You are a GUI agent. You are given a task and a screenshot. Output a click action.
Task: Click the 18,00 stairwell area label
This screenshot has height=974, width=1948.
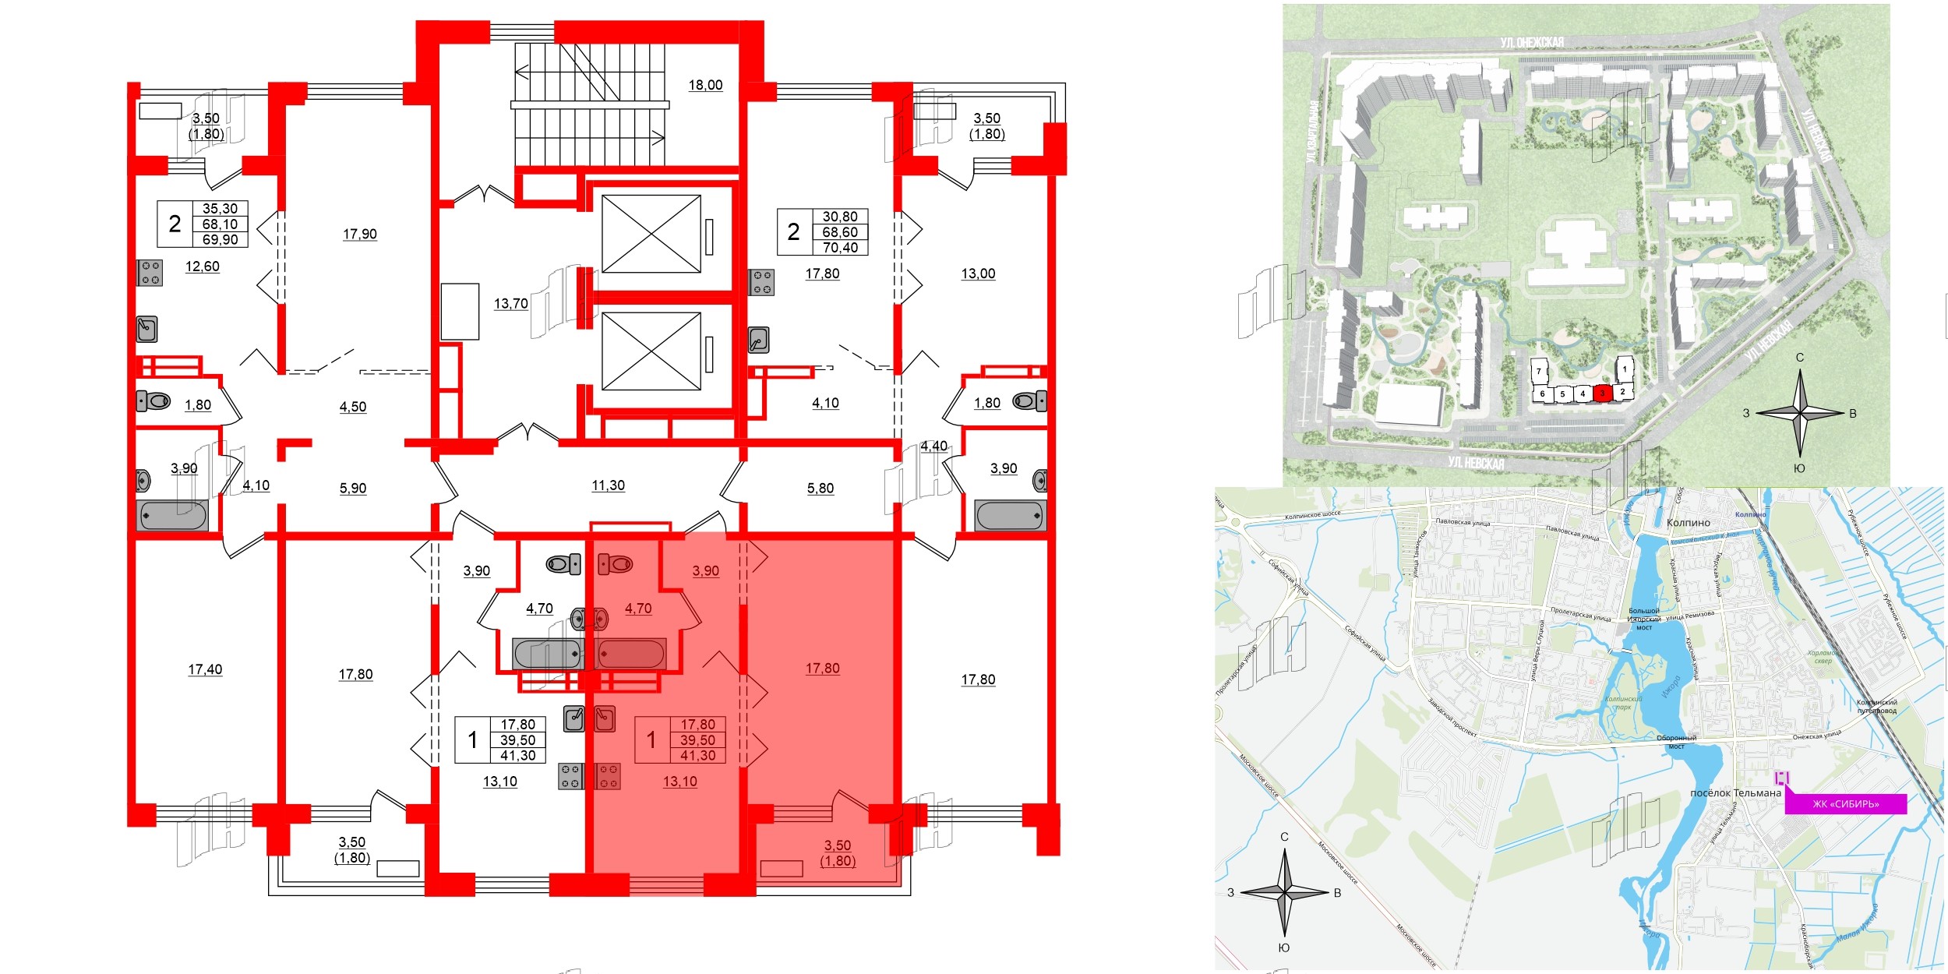[705, 85]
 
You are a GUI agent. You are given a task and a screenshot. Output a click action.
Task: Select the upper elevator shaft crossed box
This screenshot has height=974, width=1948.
[651, 234]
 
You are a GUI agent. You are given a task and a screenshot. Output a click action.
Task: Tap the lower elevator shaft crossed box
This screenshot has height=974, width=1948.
[651, 351]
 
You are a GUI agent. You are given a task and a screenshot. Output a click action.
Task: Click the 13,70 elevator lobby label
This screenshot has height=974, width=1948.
[511, 304]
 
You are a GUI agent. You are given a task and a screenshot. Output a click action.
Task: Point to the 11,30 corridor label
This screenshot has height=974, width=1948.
[608, 485]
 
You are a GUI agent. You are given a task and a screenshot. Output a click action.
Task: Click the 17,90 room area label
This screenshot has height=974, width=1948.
[360, 234]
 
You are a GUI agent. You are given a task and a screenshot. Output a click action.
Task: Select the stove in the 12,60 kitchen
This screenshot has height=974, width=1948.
[150, 273]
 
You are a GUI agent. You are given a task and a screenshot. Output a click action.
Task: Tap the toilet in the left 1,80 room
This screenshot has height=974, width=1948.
[154, 401]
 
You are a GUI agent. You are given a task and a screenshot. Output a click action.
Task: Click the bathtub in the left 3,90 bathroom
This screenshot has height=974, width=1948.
[173, 516]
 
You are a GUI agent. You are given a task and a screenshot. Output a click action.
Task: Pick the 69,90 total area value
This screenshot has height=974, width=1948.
[221, 240]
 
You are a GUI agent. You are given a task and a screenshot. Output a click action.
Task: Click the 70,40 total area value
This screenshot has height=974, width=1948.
[840, 248]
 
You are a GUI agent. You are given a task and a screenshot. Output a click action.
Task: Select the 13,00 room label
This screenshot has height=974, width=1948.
[978, 273]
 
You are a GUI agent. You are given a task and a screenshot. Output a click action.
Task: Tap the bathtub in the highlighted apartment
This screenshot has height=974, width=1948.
[630, 654]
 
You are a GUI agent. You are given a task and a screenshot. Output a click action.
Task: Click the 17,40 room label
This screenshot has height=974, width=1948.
[205, 669]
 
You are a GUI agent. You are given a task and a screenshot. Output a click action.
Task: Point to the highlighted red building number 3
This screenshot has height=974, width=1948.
[1601, 394]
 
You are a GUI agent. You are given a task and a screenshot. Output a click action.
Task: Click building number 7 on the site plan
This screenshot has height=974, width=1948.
[1539, 372]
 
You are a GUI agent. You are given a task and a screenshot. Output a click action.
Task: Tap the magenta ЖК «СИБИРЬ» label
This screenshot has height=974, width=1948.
[1845, 804]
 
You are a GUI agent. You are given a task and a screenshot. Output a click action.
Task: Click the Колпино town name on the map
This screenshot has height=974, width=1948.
[1689, 523]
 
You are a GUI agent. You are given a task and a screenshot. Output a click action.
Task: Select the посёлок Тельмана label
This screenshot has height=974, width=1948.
[1735, 793]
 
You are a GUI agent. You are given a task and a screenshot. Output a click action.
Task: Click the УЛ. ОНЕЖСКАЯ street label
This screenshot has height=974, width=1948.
[1531, 43]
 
